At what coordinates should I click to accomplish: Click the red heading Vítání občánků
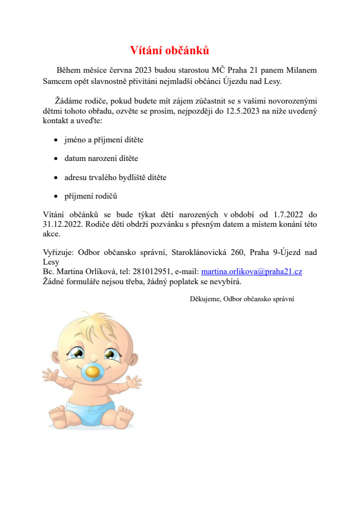pos(169,50)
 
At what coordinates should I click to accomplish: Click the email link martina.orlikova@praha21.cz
pos(252,271)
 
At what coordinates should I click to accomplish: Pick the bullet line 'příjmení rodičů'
pos(90,195)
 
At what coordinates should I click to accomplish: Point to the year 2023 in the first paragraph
pos(143,70)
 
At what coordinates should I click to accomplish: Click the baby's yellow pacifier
pos(93,372)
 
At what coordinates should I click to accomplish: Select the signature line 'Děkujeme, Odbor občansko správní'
pos(242,299)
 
